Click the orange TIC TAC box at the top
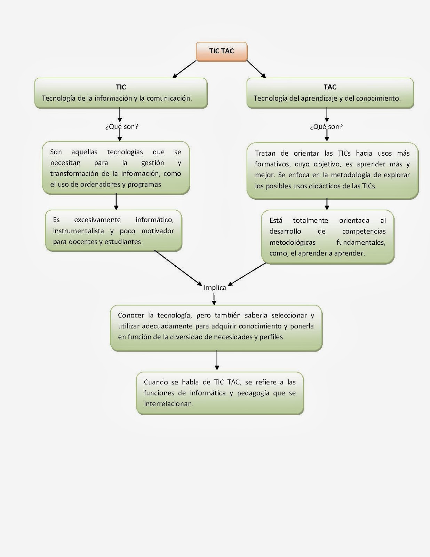tap(222, 52)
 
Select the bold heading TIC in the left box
tap(121, 87)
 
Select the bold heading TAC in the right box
tap(330, 87)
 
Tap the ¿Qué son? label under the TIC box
tap(122, 127)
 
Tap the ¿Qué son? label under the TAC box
tap(326, 127)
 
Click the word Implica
tap(215, 288)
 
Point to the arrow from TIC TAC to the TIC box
tap(184, 69)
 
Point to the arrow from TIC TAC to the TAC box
tap(256, 69)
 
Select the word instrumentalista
tap(78, 231)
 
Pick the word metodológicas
tap(292, 242)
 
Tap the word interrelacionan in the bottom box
tap(168, 404)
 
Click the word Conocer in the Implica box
tap(131, 315)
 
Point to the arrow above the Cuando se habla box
tap(217, 360)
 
